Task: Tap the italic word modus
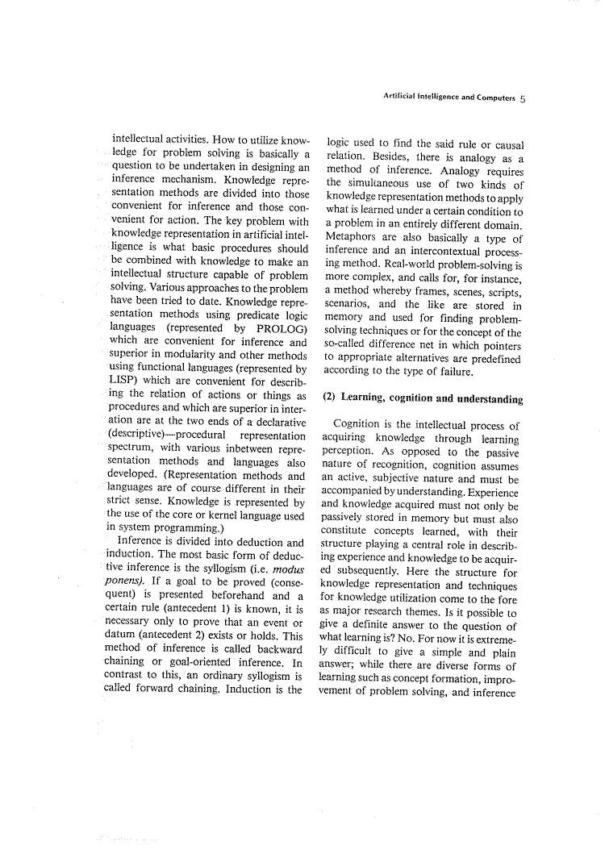(x=286, y=555)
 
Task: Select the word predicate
(x=252, y=315)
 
